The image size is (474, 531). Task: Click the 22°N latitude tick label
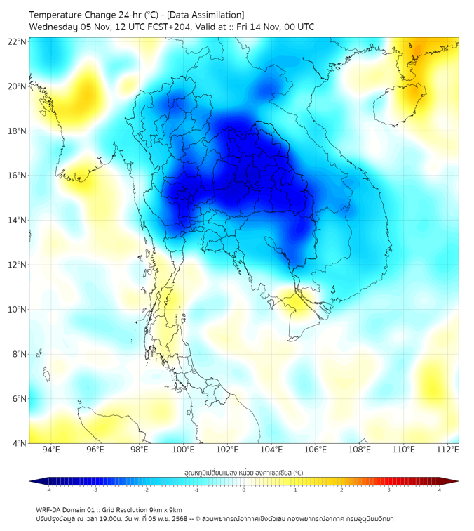[x=18, y=41]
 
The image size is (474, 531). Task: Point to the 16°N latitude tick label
[x=18, y=176]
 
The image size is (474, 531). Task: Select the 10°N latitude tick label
[x=18, y=310]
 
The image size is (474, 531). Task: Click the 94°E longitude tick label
[x=51, y=450]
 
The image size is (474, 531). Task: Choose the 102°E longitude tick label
[x=228, y=450]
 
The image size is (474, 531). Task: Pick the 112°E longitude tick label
[x=448, y=450]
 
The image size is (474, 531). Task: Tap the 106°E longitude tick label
[x=316, y=450]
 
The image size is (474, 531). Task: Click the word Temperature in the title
[x=59, y=15]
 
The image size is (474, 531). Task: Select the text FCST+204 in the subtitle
[x=163, y=27]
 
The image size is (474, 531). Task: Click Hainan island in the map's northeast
[x=400, y=105]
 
